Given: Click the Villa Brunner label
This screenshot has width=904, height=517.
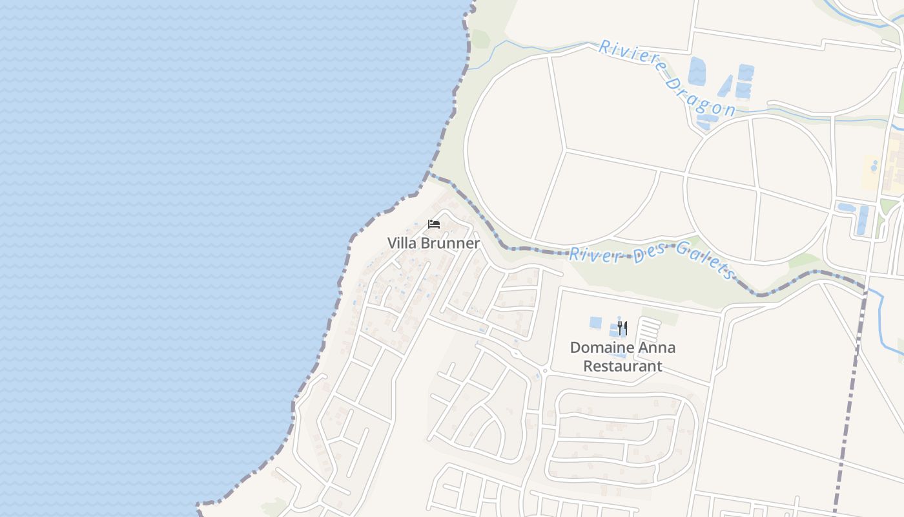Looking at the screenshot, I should [x=433, y=243].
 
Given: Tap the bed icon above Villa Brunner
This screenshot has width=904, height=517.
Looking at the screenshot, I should [x=434, y=224].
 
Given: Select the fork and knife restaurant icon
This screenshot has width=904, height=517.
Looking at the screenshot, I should [x=622, y=328].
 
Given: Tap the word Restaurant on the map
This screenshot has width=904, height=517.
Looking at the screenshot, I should [x=622, y=366].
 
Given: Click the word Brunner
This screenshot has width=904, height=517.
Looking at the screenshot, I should [x=451, y=243].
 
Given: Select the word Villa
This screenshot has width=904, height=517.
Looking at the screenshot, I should [x=401, y=243].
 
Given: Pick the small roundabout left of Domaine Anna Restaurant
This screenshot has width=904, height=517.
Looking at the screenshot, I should [x=545, y=371].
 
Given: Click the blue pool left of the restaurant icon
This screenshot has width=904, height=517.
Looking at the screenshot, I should [x=595, y=322].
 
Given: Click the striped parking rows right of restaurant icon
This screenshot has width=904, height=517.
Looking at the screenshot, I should [x=650, y=330].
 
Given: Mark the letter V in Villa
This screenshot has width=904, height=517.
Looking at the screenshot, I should [x=392, y=243].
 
